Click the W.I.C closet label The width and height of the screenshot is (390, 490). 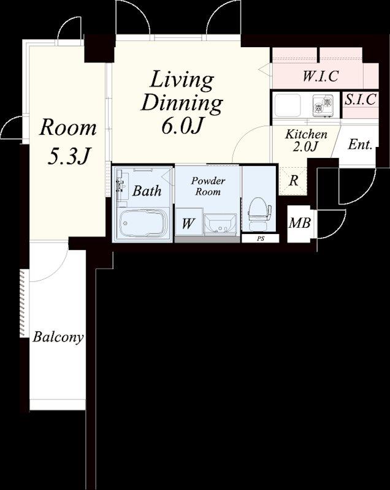click(x=321, y=76)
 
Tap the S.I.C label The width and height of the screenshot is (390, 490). click(x=361, y=99)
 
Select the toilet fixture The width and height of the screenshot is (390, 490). click(x=259, y=214)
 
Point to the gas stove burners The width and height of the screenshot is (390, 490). click(x=323, y=105)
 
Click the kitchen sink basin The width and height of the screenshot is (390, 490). click(x=288, y=105)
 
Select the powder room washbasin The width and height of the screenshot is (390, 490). click(x=220, y=225)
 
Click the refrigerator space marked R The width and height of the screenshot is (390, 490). click(x=293, y=181)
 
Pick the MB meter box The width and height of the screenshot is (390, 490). click(x=300, y=224)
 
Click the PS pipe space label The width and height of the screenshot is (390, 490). click(x=261, y=239)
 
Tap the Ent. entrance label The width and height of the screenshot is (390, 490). click(x=360, y=145)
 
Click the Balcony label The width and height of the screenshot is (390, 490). click(x=58, y=337)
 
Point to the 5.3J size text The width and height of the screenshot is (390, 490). click(x=69, y=156)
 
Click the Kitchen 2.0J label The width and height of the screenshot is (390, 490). click(x=306, y=140)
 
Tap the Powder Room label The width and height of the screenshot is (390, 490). click(x=208, y=186)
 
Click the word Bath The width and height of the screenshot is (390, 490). click(x=147, y=190)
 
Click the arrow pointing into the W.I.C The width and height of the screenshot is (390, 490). click(x=265, y=69)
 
